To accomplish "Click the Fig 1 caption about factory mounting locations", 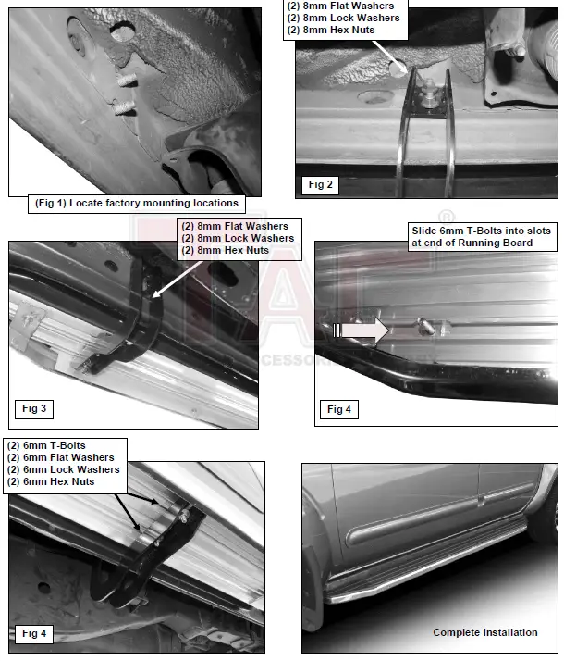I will pyautogui.click(x=136, y=203).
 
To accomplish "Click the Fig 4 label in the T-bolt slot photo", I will pyautogui.click(x=340, y=408).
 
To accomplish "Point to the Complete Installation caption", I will pyautogui.click(x=484, y=632).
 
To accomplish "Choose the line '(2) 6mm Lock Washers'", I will pyautogui.click(x=63, y=469).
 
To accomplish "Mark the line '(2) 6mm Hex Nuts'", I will pyautogui.click(x=50, y=481).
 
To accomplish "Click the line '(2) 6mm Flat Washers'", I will pyautogui.click(x=60, y=457).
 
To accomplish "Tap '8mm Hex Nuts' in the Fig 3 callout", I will pyautogui.click(x=235, y=250).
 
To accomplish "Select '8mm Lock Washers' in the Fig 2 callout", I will pyautogui.click(x=344, y=18).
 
